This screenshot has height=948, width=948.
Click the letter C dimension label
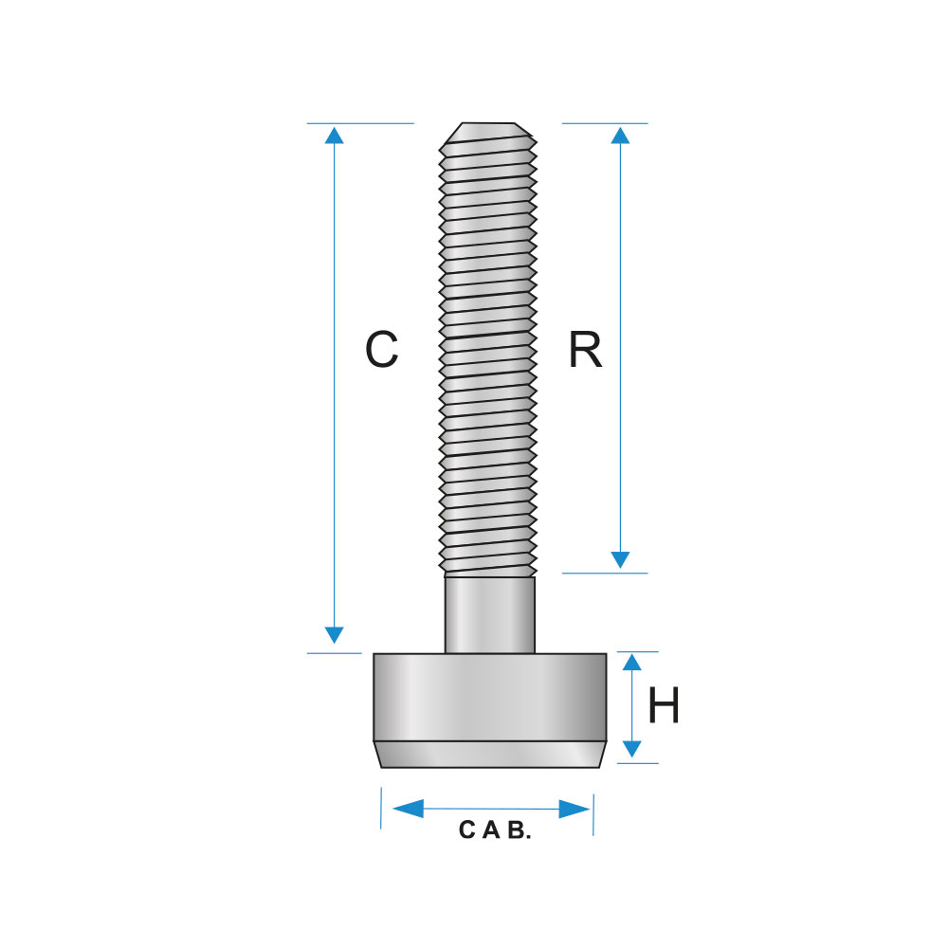click(x=381, y=349)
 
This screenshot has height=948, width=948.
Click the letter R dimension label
click(x=585, y=349)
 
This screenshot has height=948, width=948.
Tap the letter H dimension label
click(x=664, y=705)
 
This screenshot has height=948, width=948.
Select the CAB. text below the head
click(x=495, y=829)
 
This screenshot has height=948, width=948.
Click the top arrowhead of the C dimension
click(x=334, y=135)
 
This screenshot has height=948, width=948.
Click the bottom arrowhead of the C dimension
click(x=334, y=635)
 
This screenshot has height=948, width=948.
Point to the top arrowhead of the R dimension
click(x=620, y=135)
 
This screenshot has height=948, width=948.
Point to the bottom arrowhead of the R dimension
click(x=620, y=560)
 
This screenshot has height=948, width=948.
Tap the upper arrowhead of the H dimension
click(x=631, y=662)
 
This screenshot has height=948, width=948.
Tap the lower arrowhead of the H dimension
click(x=631, y=750)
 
